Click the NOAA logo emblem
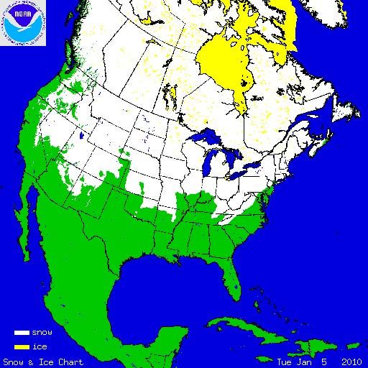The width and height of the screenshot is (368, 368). pos(24,23)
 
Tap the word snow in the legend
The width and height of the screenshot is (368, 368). pos(42,333)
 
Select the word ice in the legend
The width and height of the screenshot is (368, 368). pos(39,346)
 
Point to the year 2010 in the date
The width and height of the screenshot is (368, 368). pos(351,362)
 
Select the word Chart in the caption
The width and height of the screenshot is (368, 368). pos(71,362)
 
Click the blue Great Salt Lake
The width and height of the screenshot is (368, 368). pos(83,135)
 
